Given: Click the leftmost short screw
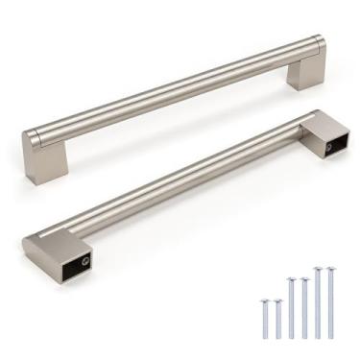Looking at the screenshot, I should tap(264, 319).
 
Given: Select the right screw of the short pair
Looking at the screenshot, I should tap(277, 321).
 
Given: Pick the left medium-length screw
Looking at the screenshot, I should tap(291, 308).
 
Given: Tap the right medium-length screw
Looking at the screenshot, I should tap(304, 308).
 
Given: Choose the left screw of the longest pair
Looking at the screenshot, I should tap(318, 302).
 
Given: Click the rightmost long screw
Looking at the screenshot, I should tap(331, 302).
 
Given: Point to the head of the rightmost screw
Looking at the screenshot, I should tap(331, 270).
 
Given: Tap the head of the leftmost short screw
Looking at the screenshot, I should tap(264, 301).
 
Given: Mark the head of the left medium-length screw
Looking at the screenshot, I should tap(291, 280).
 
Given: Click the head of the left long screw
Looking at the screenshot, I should tap(318, 270).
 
